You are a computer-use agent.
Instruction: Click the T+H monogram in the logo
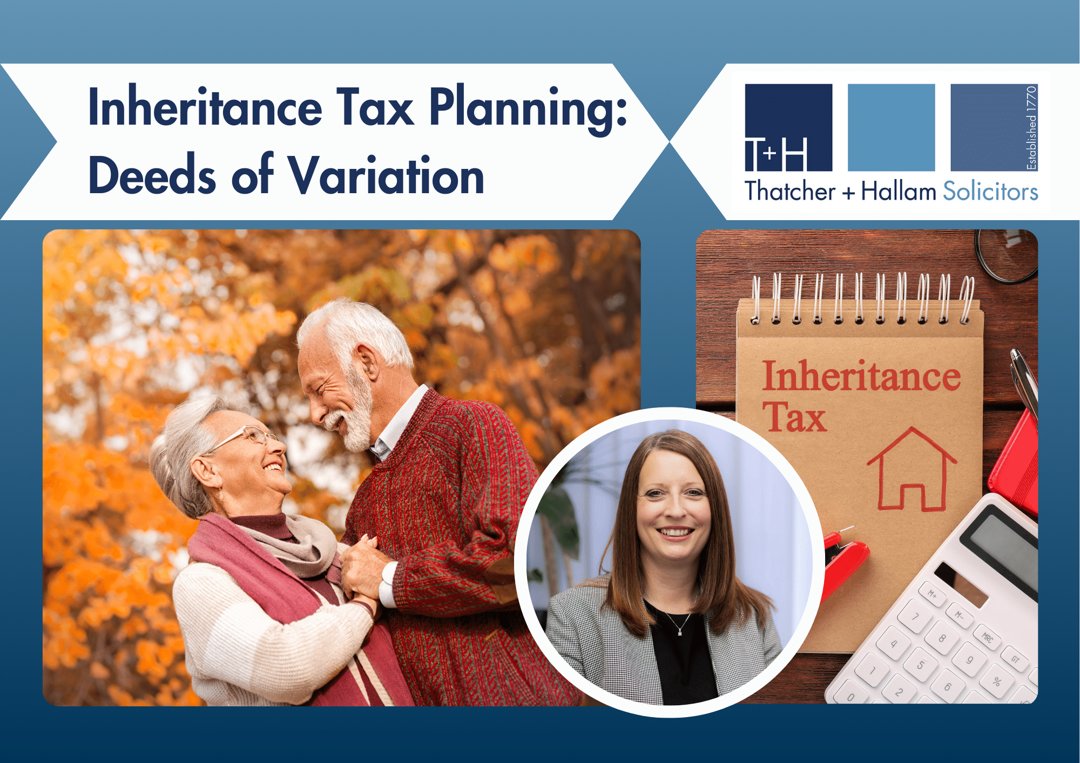(776, 154)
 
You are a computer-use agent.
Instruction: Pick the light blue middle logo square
(891, 127)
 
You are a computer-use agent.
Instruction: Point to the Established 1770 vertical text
(1031, 128)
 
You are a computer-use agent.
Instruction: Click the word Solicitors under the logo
(990, 192)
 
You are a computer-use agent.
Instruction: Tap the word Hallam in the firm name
(899, 191)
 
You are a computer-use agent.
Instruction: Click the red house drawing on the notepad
(912, 469)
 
